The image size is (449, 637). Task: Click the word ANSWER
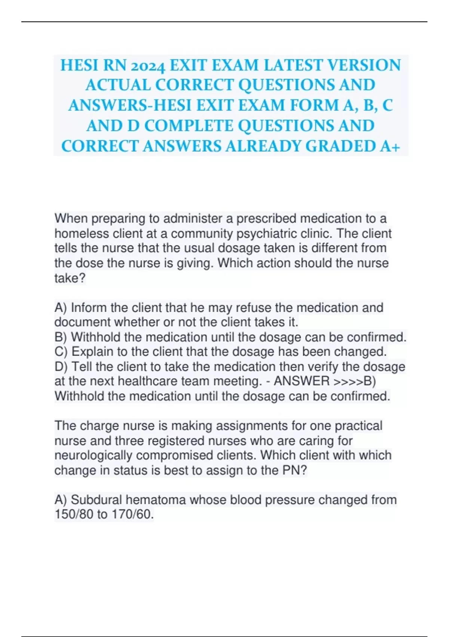point(302,381)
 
